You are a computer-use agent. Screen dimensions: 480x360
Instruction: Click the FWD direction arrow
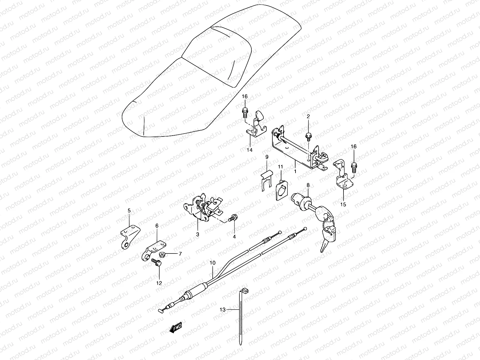(x=175, y=328)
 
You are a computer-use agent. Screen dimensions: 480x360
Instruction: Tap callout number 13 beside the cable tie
(x=222, y=310)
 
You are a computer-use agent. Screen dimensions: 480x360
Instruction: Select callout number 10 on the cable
(x=213, y=263)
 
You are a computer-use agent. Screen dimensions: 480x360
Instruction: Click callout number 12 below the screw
(x=159, y=283)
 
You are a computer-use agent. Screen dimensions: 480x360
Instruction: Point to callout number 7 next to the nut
(x=180, y=254)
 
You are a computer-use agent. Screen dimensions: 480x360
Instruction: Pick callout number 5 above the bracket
(x=129, y=211)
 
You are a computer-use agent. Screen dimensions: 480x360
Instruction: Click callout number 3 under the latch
(x=198, y=235)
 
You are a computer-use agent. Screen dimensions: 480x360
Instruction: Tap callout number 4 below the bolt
(x=234, y=237)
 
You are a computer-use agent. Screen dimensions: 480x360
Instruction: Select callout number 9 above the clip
(x=267, y=157)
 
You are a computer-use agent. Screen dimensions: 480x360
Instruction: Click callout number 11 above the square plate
(x=280, y=167)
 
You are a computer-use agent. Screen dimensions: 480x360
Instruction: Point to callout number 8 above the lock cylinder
(x=308, y=185)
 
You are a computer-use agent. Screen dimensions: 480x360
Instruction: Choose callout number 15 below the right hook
(x=343, y=204)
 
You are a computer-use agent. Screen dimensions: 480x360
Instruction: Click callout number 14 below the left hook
(x=250, y=150)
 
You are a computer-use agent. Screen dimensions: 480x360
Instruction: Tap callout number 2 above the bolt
(x=308, y=116)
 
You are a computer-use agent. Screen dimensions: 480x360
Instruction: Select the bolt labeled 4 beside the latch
(x=233, y=218)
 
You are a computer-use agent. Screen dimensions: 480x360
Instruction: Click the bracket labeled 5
(x=130, y=237)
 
